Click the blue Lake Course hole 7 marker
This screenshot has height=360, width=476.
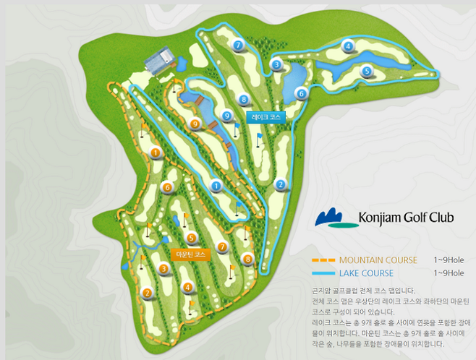point(238,46)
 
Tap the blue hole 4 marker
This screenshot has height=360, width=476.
point(349,47)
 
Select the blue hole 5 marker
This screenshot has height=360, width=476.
point(367,71)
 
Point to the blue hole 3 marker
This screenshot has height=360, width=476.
point(276,64)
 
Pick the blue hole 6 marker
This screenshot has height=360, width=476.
point(301,93)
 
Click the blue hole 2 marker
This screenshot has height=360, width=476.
point(280,184)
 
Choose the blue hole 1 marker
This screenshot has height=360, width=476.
point(216,186)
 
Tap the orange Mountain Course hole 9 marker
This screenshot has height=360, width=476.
point(195,124)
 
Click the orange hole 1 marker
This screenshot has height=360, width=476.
point(156,152)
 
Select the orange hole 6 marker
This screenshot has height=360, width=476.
point(167,187)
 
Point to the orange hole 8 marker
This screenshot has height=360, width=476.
point(248,259)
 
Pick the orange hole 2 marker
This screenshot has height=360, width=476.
point(147,293)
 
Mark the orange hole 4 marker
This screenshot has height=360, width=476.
point(188,287)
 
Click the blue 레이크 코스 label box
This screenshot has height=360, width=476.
point(265,116)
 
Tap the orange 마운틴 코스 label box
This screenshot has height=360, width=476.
point(192,254)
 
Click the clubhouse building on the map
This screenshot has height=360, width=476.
point(158,61)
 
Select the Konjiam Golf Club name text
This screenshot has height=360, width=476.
point(405,217)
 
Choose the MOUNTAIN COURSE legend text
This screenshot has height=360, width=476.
point(378,260)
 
